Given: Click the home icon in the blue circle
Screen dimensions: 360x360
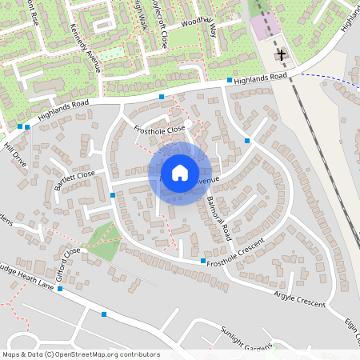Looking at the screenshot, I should coord(179,173).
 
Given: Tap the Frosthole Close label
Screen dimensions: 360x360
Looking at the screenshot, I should coord(159,128).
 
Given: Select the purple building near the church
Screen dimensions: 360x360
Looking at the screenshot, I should coord(261,26).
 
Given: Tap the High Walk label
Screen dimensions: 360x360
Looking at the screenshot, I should coord(138,14).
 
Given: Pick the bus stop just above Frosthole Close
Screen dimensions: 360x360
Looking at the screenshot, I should coord(161,97).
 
